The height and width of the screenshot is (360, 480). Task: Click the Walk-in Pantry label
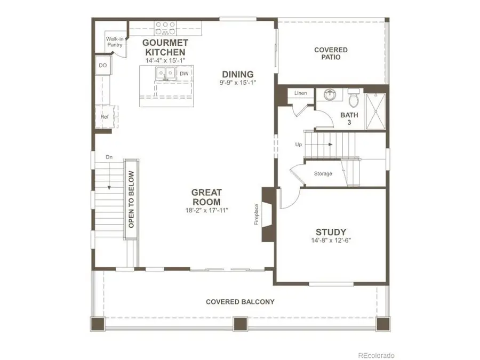pyautogui.click(x=114, y=42)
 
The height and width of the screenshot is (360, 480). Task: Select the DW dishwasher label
pyautogui.click(x=183, y=74)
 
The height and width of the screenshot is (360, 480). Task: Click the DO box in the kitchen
pyautogui.click(x=103, y=66)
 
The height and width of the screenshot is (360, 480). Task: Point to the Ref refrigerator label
pyautogui.click(x=105, y=117)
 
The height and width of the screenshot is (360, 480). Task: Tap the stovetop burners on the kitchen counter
pyautogui.click(x=166, y=25)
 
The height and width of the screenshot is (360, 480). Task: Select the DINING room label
pyautogui.click(x=238, y=74)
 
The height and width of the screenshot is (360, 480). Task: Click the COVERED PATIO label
pyautogui.click(x=331, y=53)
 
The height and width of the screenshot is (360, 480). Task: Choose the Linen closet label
pyautogui.click(x=301, y=93)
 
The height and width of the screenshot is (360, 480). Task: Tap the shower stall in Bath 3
pyautogui.click(x=376, y=112)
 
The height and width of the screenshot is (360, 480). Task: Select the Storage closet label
pyautogui.click(x=323, y=173)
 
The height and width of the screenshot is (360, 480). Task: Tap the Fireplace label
pyautogui.click(x=257, y=214)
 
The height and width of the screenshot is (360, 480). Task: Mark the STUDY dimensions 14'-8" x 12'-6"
pyautogui.click(x=331, y=240)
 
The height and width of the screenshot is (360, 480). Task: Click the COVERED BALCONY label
pyautogui.click(x=240, y=302)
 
